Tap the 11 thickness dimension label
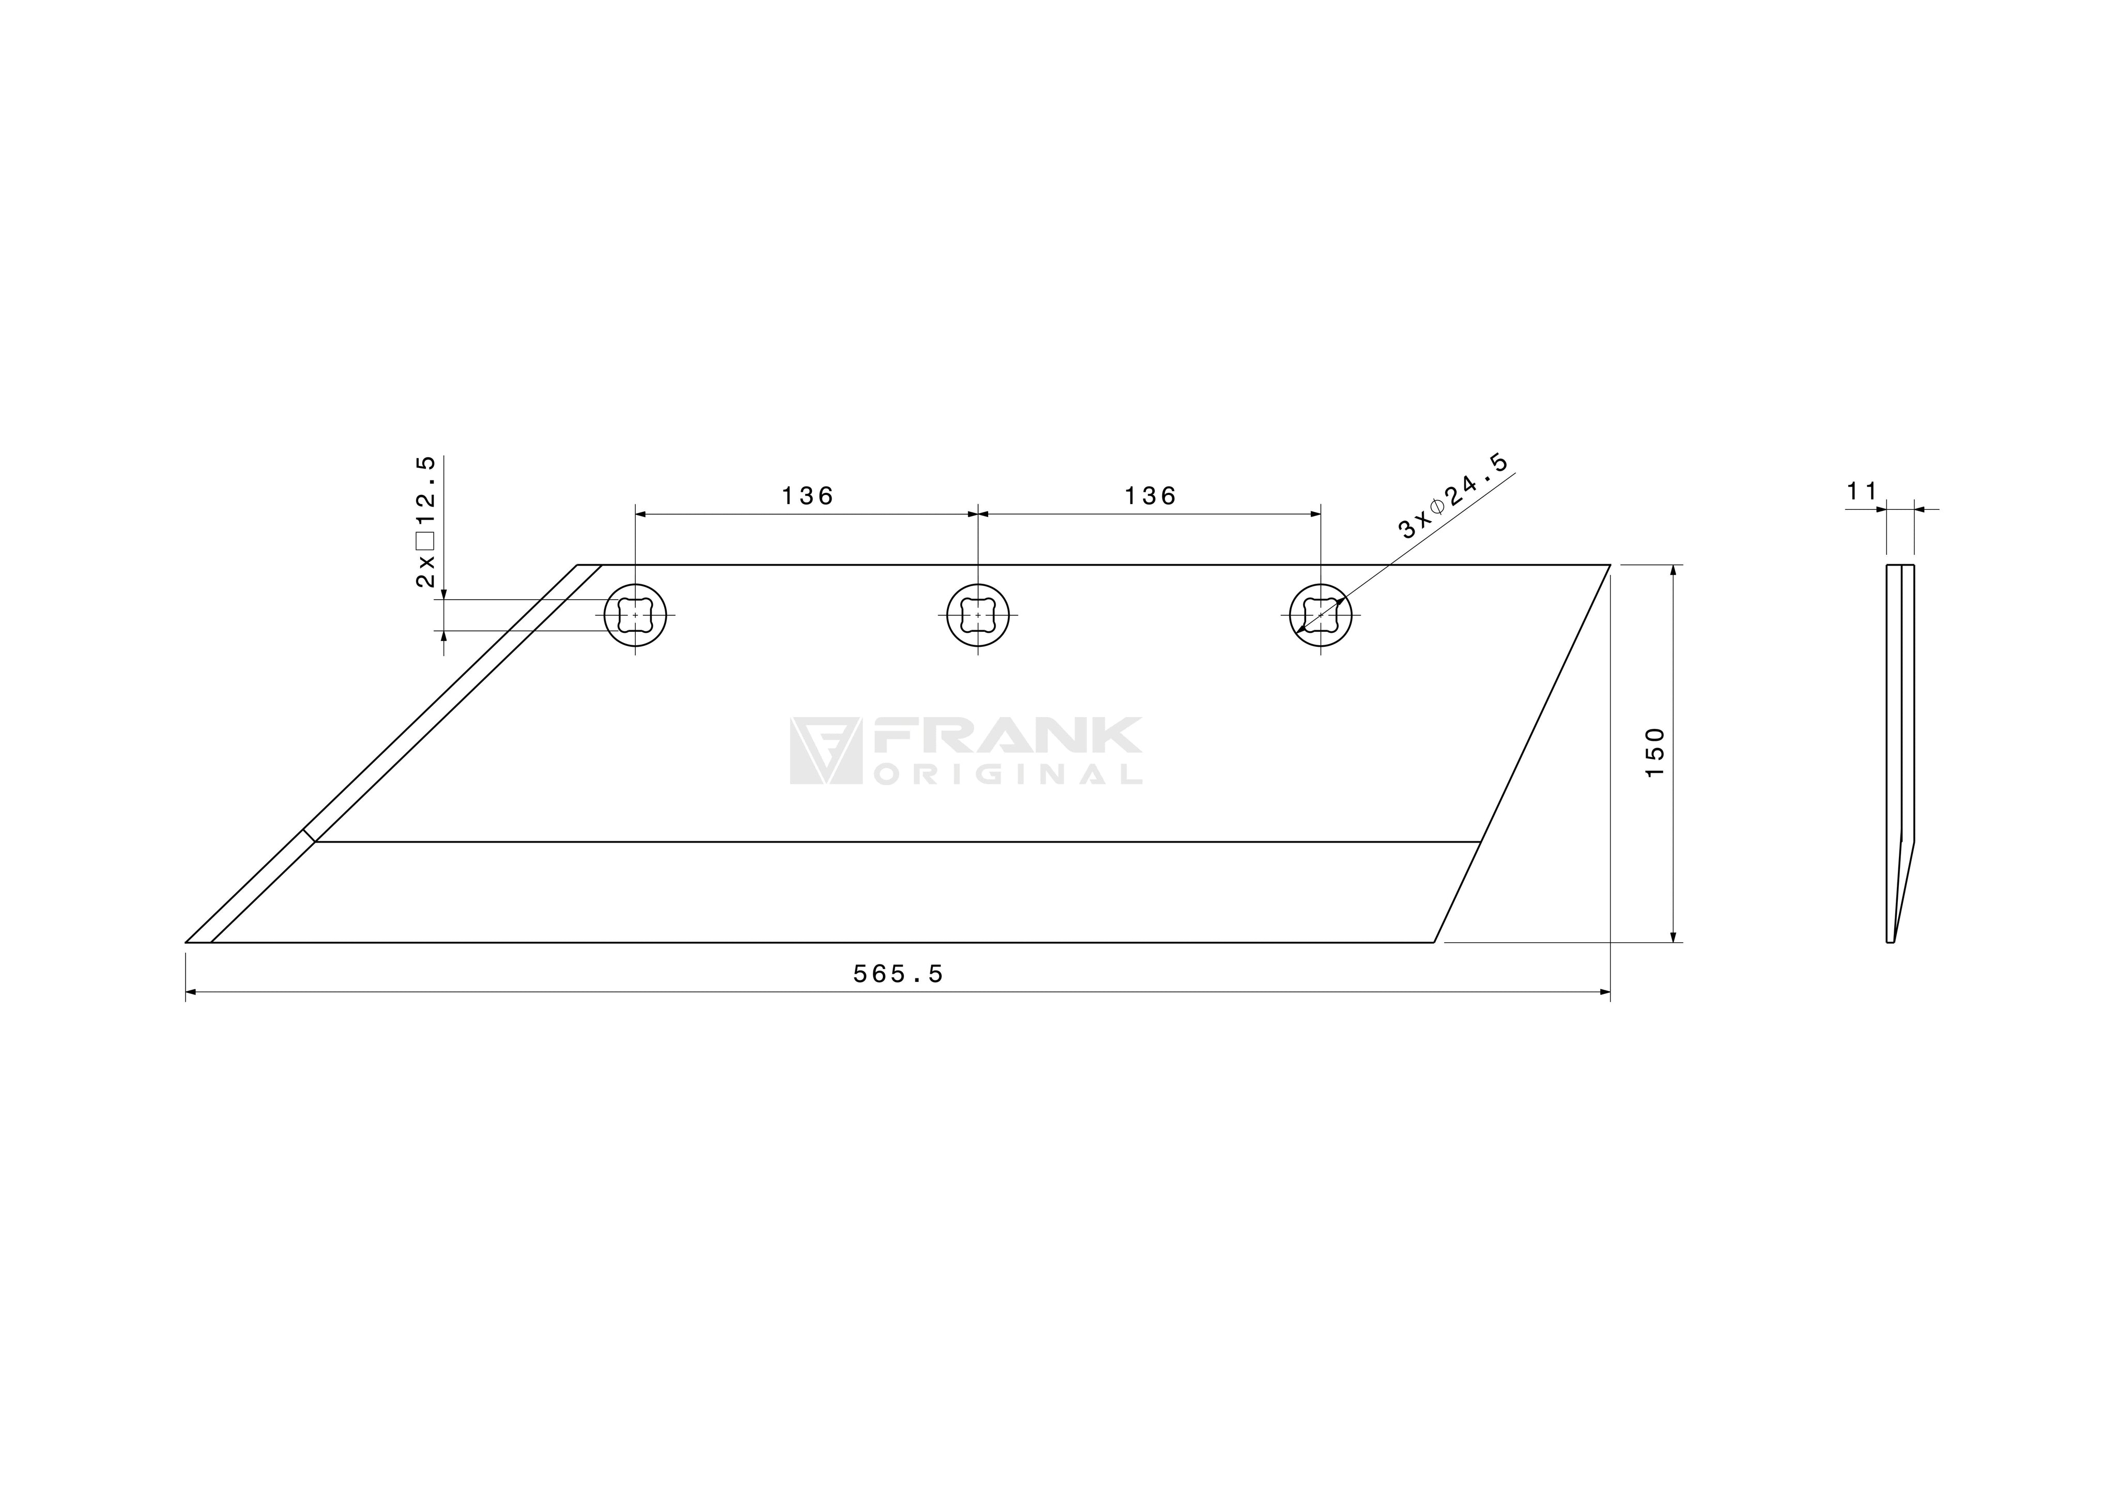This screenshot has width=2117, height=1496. point(1862,492)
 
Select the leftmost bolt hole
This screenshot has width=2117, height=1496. point(635,615)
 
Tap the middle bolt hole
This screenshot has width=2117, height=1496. point(978,615)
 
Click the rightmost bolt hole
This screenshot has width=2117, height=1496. point(1321,615)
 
